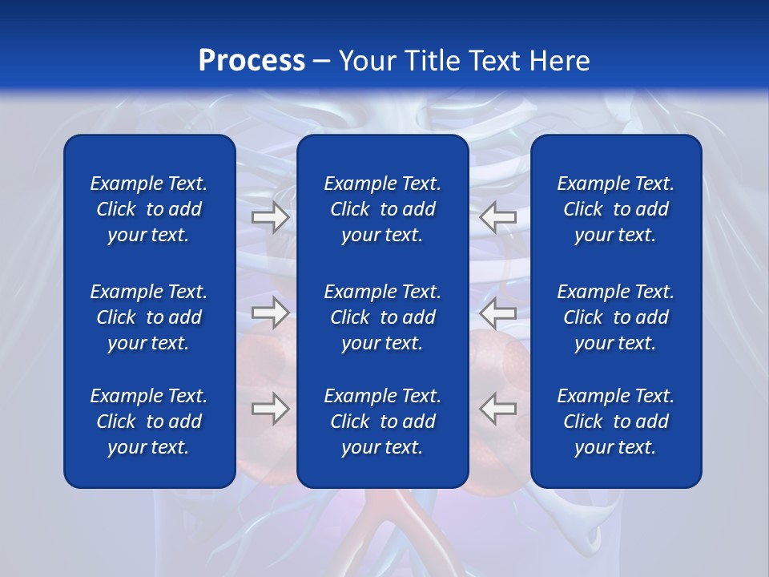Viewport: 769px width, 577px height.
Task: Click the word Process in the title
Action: tap(252, 61)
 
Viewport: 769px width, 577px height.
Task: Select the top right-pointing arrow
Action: tap(270, 217)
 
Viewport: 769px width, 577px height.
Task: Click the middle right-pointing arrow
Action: tap(270, 313)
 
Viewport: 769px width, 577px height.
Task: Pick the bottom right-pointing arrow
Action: tap(270, 409)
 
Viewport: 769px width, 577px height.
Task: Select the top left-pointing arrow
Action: tap(498, 217)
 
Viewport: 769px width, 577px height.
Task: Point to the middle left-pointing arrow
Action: tap(498, 313)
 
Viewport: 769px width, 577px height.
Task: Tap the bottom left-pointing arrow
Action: tap(498, 409)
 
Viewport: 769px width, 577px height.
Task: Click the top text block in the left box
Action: tap(149, 209)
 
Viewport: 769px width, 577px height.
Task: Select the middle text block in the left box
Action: tap(149, 317)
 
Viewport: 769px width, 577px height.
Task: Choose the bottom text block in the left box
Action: tap(149, 422)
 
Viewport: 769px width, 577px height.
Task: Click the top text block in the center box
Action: tap(382, 209)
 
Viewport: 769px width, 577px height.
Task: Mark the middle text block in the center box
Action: tap(382, 317)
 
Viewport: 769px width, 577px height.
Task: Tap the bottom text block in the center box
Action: tap(382, 422)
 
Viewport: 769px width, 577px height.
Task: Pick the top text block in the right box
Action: tap(615, 209)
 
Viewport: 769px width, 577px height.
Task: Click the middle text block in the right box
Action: tap(615, 317)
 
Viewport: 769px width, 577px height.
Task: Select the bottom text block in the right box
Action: tap(615, 422)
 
